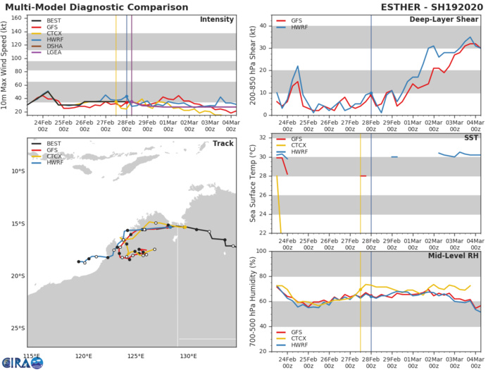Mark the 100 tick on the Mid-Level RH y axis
[x=261, y=251]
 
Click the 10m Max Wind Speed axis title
[x=6, y=63]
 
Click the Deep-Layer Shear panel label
[x=445, y=18]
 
